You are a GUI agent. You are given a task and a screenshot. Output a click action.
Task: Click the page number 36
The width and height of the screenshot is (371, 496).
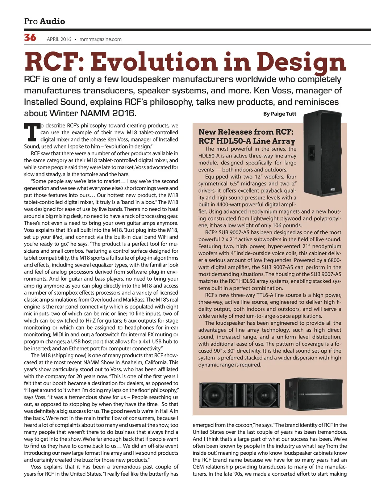coord(30,38)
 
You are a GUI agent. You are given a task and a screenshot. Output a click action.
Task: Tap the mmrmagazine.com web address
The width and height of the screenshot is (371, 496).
coord(100,39)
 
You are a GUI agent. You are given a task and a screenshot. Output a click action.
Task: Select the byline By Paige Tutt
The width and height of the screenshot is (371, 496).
coord(279,114)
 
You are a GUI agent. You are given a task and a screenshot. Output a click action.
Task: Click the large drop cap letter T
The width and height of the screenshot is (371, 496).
coord(32,133)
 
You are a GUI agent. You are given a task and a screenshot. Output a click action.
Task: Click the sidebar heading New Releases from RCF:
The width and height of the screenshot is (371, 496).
coord(246,132)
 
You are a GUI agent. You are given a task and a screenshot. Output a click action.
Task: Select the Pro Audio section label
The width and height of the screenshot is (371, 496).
coord(45,21)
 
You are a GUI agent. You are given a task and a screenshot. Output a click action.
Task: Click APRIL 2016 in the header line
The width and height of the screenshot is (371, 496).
coord(59,39)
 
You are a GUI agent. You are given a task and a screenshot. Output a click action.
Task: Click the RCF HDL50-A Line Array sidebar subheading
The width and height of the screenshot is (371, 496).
coord(246,141)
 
